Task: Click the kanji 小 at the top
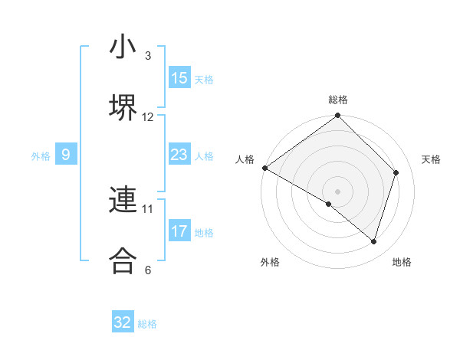(x=123, y=47)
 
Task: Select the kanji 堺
(x=123, y=109)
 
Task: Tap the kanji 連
(x=123, y=200)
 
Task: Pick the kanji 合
(x=123, y=260)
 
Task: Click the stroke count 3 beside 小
(x=148, y=56)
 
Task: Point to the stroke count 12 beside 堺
(x=148, y=117)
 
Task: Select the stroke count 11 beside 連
(x=148, y=208)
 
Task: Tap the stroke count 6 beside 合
(x=148, y=270)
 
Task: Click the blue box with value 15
(x=179, y=78)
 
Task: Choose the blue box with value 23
(x=179, y=155)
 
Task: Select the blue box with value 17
(x=179, y=231)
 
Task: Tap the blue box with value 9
(x=66, y=155)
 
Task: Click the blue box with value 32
(x=123, y=322)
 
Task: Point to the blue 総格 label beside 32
(x=147, y=324)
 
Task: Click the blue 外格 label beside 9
(x=41, y=156)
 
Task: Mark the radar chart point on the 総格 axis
(x=337, y=116)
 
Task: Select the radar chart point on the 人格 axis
(x=264, y=168)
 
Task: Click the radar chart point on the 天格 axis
(x=396, y=172)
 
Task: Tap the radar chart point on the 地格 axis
(x=373, y=241)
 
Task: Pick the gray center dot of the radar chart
(x=337, y=191)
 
